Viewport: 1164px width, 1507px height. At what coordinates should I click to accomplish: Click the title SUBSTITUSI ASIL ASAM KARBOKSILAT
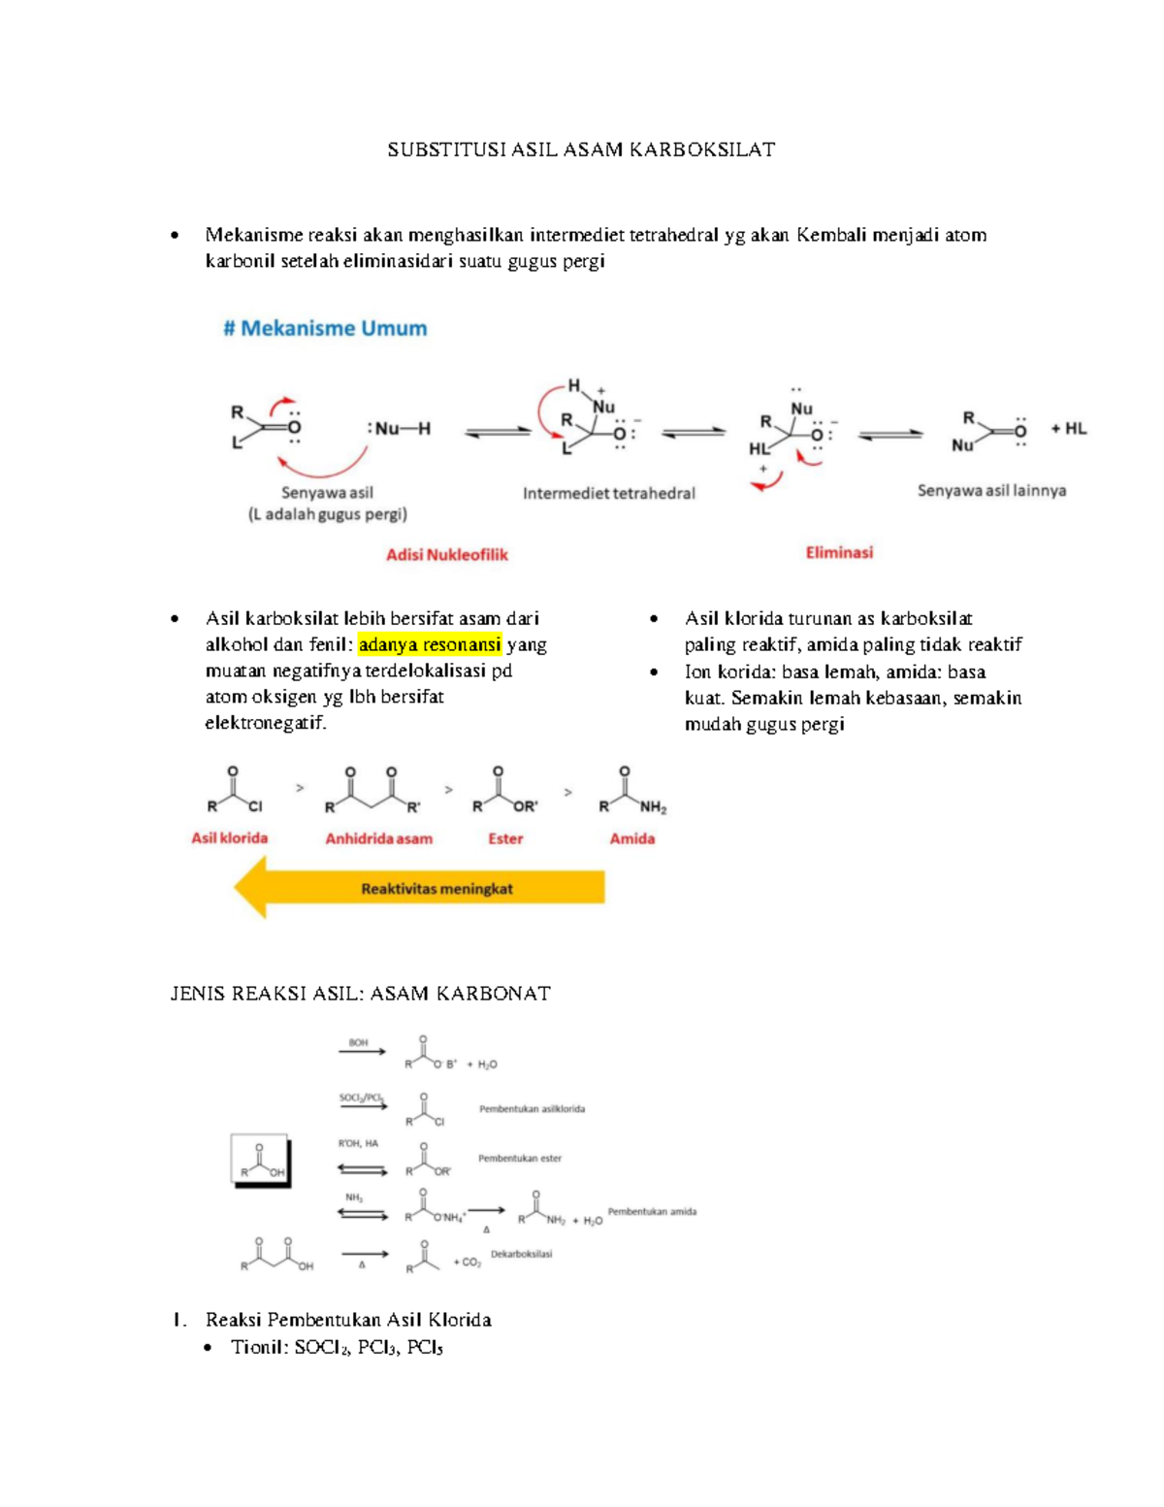tap(581, 149)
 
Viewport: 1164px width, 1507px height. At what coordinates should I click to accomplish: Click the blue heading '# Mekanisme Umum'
tap(325, 328)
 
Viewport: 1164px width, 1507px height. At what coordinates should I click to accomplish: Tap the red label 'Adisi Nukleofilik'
tap(447, 555)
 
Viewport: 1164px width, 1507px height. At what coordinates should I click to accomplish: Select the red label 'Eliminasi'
tap(839, 552)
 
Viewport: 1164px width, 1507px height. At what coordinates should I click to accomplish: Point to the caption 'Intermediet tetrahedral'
tap(609, 493)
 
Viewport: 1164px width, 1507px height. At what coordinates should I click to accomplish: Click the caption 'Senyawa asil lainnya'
tap(991, 490)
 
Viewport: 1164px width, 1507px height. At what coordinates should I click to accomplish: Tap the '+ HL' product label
tap(1068, 428)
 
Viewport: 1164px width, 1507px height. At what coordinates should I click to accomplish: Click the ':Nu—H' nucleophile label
tap(399, 428)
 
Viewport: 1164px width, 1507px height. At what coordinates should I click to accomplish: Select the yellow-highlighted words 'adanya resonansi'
tap(430, 644)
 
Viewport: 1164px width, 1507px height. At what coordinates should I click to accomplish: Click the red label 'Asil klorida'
tap(229, 837)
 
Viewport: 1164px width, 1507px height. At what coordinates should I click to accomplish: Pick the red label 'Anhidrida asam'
tap(378, 838)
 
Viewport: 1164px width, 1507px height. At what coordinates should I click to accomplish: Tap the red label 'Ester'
tap(505, 838)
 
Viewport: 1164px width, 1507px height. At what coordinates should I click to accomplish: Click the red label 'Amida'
tap(631, 838)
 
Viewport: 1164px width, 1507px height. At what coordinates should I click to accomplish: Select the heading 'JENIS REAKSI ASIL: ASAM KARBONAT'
tap(360, 994)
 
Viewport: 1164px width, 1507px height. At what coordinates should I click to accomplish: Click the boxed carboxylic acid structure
tap(261, 1161)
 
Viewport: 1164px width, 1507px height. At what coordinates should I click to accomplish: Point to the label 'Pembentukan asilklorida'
tap(532, 1108)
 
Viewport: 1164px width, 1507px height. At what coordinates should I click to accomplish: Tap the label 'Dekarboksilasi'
tap(521, 1254)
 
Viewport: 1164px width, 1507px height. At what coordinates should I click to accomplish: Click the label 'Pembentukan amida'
tap(652, 1211)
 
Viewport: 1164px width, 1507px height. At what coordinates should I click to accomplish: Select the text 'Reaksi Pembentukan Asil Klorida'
tap(348, 1320)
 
